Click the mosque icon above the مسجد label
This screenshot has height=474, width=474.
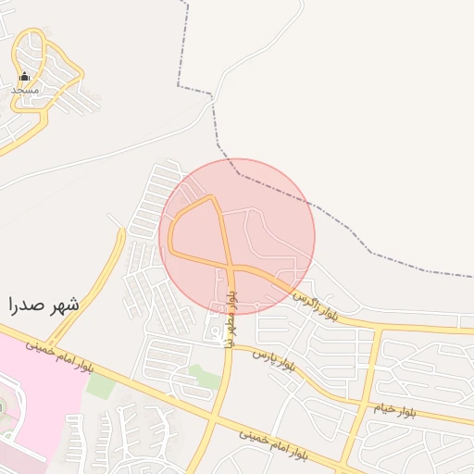24,77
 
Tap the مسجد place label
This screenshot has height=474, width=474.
25,90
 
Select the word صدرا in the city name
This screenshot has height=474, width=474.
27,304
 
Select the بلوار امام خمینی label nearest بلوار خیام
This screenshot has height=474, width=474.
273,444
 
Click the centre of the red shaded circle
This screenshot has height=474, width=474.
237,236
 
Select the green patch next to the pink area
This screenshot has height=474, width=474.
100,386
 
